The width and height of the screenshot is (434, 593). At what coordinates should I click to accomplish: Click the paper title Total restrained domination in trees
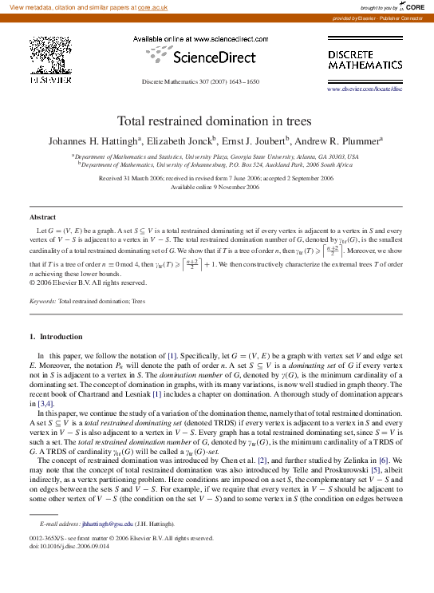coord(216,121)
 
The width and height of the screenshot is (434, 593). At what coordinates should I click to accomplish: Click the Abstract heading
coord(43,217)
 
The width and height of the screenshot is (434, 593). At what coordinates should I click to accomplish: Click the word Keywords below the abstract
coord(42,302)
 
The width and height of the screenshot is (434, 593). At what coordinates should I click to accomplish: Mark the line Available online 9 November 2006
coord(215,187)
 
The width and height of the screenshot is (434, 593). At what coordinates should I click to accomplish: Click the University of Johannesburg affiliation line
coord(215,164)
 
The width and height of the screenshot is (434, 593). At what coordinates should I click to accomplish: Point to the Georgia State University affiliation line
coord(215,157)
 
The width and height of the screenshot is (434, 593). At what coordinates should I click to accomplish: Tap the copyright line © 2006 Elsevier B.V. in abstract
coord(88,283)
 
